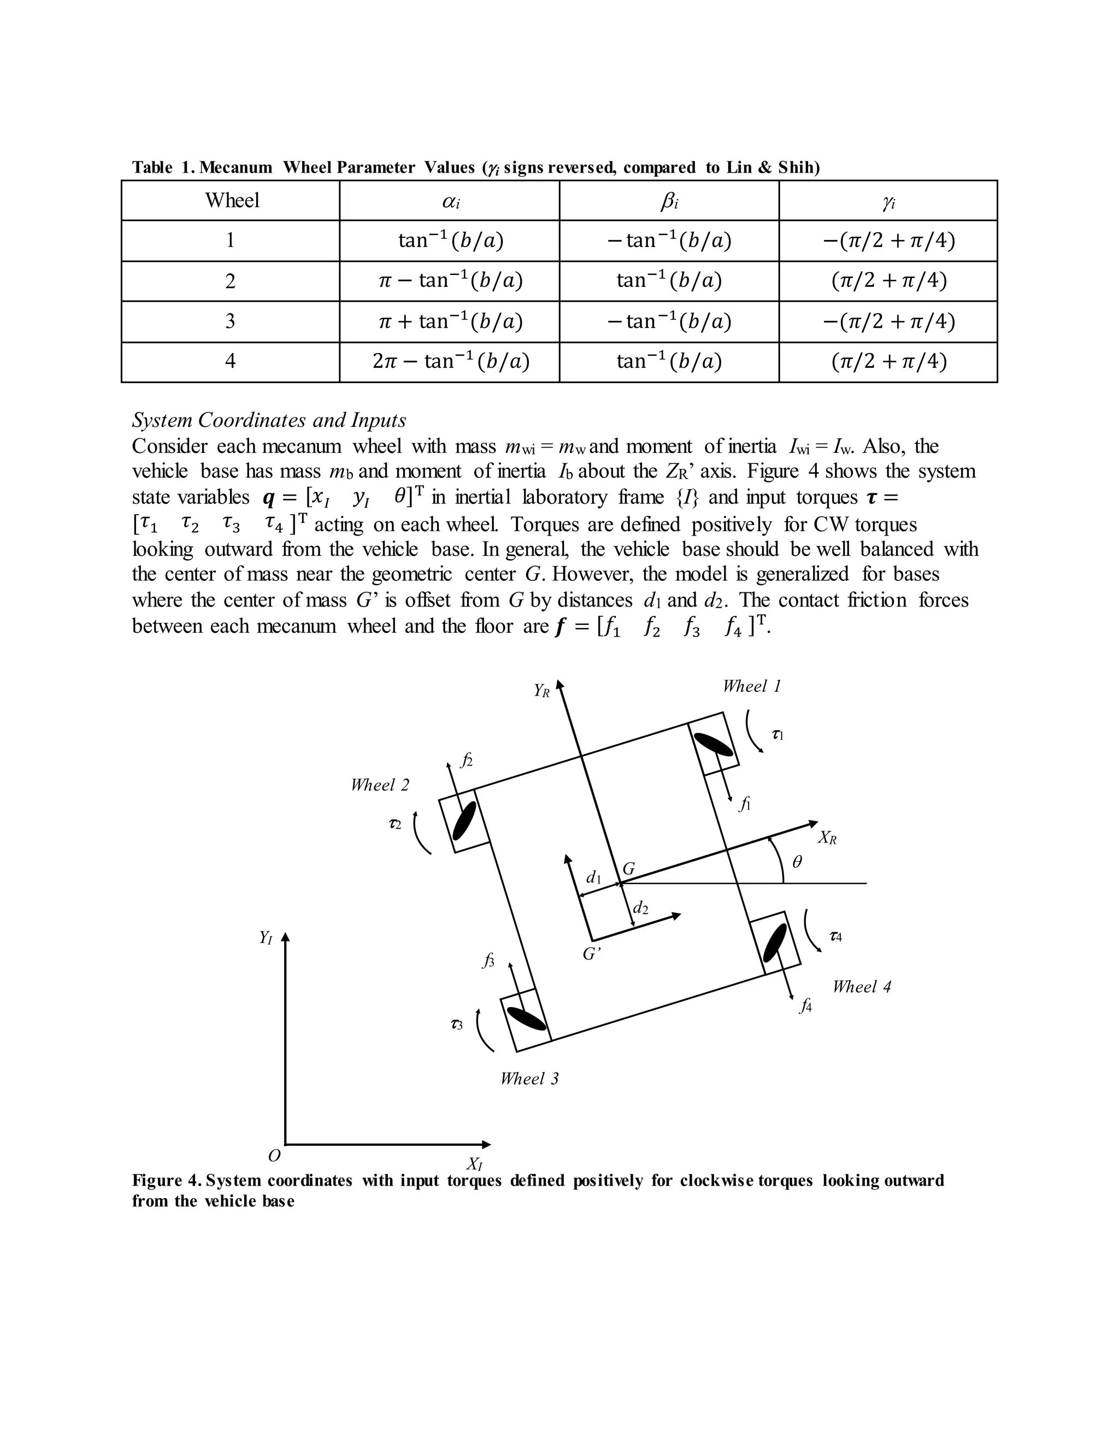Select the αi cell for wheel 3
click(x=450, y=321)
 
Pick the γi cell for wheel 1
click(x=888, y=240)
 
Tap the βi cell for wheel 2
click(x=668, y=280)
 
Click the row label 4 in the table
click(x=230, y=361)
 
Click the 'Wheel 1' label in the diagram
click(x=752, y=686)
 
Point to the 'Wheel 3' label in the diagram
click(x=529, y=1079)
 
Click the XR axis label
click(x=827, y=838)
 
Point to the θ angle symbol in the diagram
click(x=798, y=862)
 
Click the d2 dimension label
click(x=640, y=908)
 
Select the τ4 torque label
click(x=835, y=936)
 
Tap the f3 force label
click(x=489, y=960)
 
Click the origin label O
click(x=274, y=1156)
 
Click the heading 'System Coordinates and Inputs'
click(x=269, y=420)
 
